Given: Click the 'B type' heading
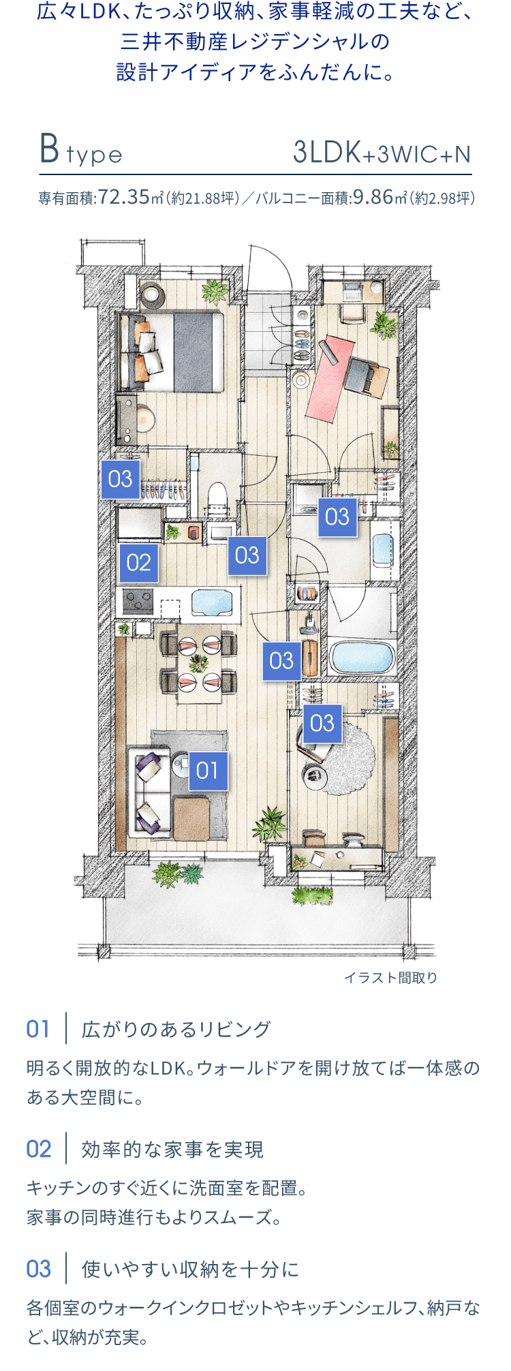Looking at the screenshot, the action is pos(81,151).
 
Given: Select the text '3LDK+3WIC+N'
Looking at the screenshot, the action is pos(382,153).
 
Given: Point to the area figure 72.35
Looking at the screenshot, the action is pos(124,198).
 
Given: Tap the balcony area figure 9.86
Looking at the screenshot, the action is pos(373,198).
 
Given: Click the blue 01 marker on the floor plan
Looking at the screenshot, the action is pos(208,771).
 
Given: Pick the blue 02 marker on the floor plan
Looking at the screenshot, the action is pos(139,563).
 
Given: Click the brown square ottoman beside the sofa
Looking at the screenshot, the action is pos(191,818).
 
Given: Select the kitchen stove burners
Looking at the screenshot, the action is pos(138,602).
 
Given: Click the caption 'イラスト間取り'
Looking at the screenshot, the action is pos(390,978).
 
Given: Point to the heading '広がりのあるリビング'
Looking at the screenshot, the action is pos(176,1029).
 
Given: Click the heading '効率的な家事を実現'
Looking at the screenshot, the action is pos(172,1149).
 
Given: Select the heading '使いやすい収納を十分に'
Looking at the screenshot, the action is pos(191,1269).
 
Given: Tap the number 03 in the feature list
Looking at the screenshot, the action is pos(39,1269).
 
